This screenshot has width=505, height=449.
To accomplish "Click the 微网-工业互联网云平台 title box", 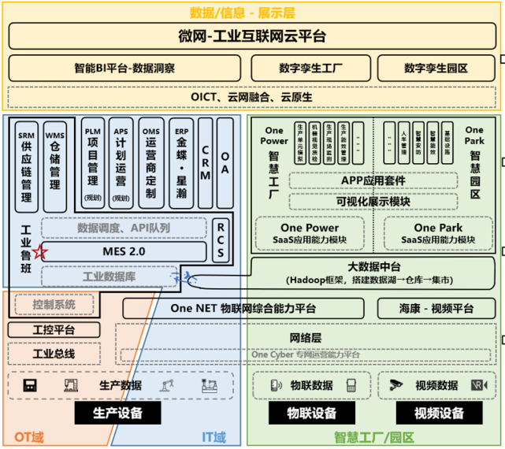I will (251, 37).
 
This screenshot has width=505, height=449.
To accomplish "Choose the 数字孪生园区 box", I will (436, 69).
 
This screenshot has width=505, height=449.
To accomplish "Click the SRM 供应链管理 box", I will (26, 165).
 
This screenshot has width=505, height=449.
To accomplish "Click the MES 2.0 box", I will (124, 251).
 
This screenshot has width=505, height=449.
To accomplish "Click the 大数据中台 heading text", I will (375, 265).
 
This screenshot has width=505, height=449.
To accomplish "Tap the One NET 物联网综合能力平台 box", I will (243, 308).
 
